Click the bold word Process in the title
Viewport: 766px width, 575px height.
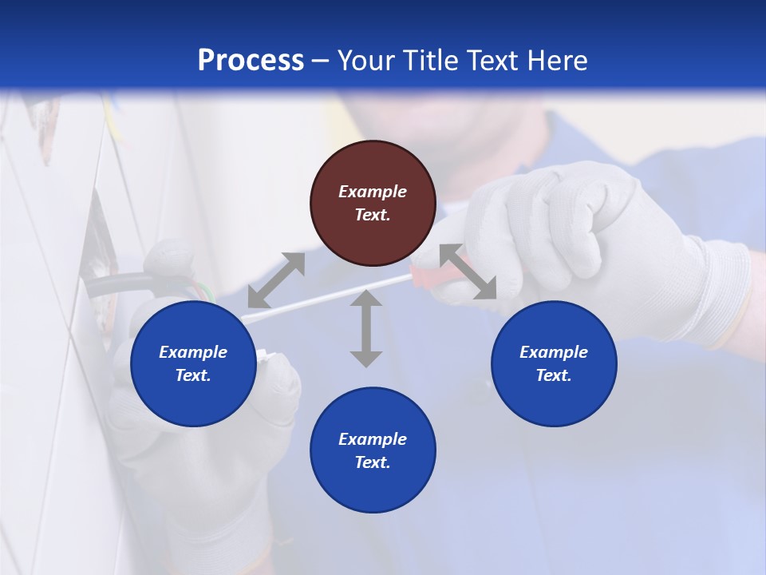pos(251,61)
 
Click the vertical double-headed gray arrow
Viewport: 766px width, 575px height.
pos(366,328)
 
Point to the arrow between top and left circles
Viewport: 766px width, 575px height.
pos(276,280)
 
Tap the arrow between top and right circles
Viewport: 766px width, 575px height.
pos(468,272)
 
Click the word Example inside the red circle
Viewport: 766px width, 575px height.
pos(373,192)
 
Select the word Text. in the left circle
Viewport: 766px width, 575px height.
pos(193,375)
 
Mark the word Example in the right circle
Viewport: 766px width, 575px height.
pos(554,352)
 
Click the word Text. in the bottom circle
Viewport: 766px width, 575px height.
pos(373,462)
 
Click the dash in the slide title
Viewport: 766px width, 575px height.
pos(321,61)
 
